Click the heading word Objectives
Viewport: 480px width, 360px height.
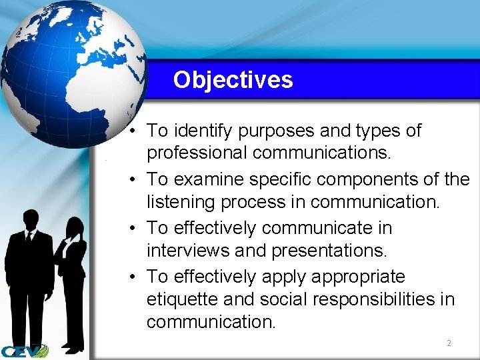pos(233,80)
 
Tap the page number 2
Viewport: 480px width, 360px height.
pos(449,343)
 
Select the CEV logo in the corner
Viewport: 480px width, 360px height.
pos(23,351)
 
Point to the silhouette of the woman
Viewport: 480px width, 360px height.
pos(72,280)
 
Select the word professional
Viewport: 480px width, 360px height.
pos(197,153)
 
